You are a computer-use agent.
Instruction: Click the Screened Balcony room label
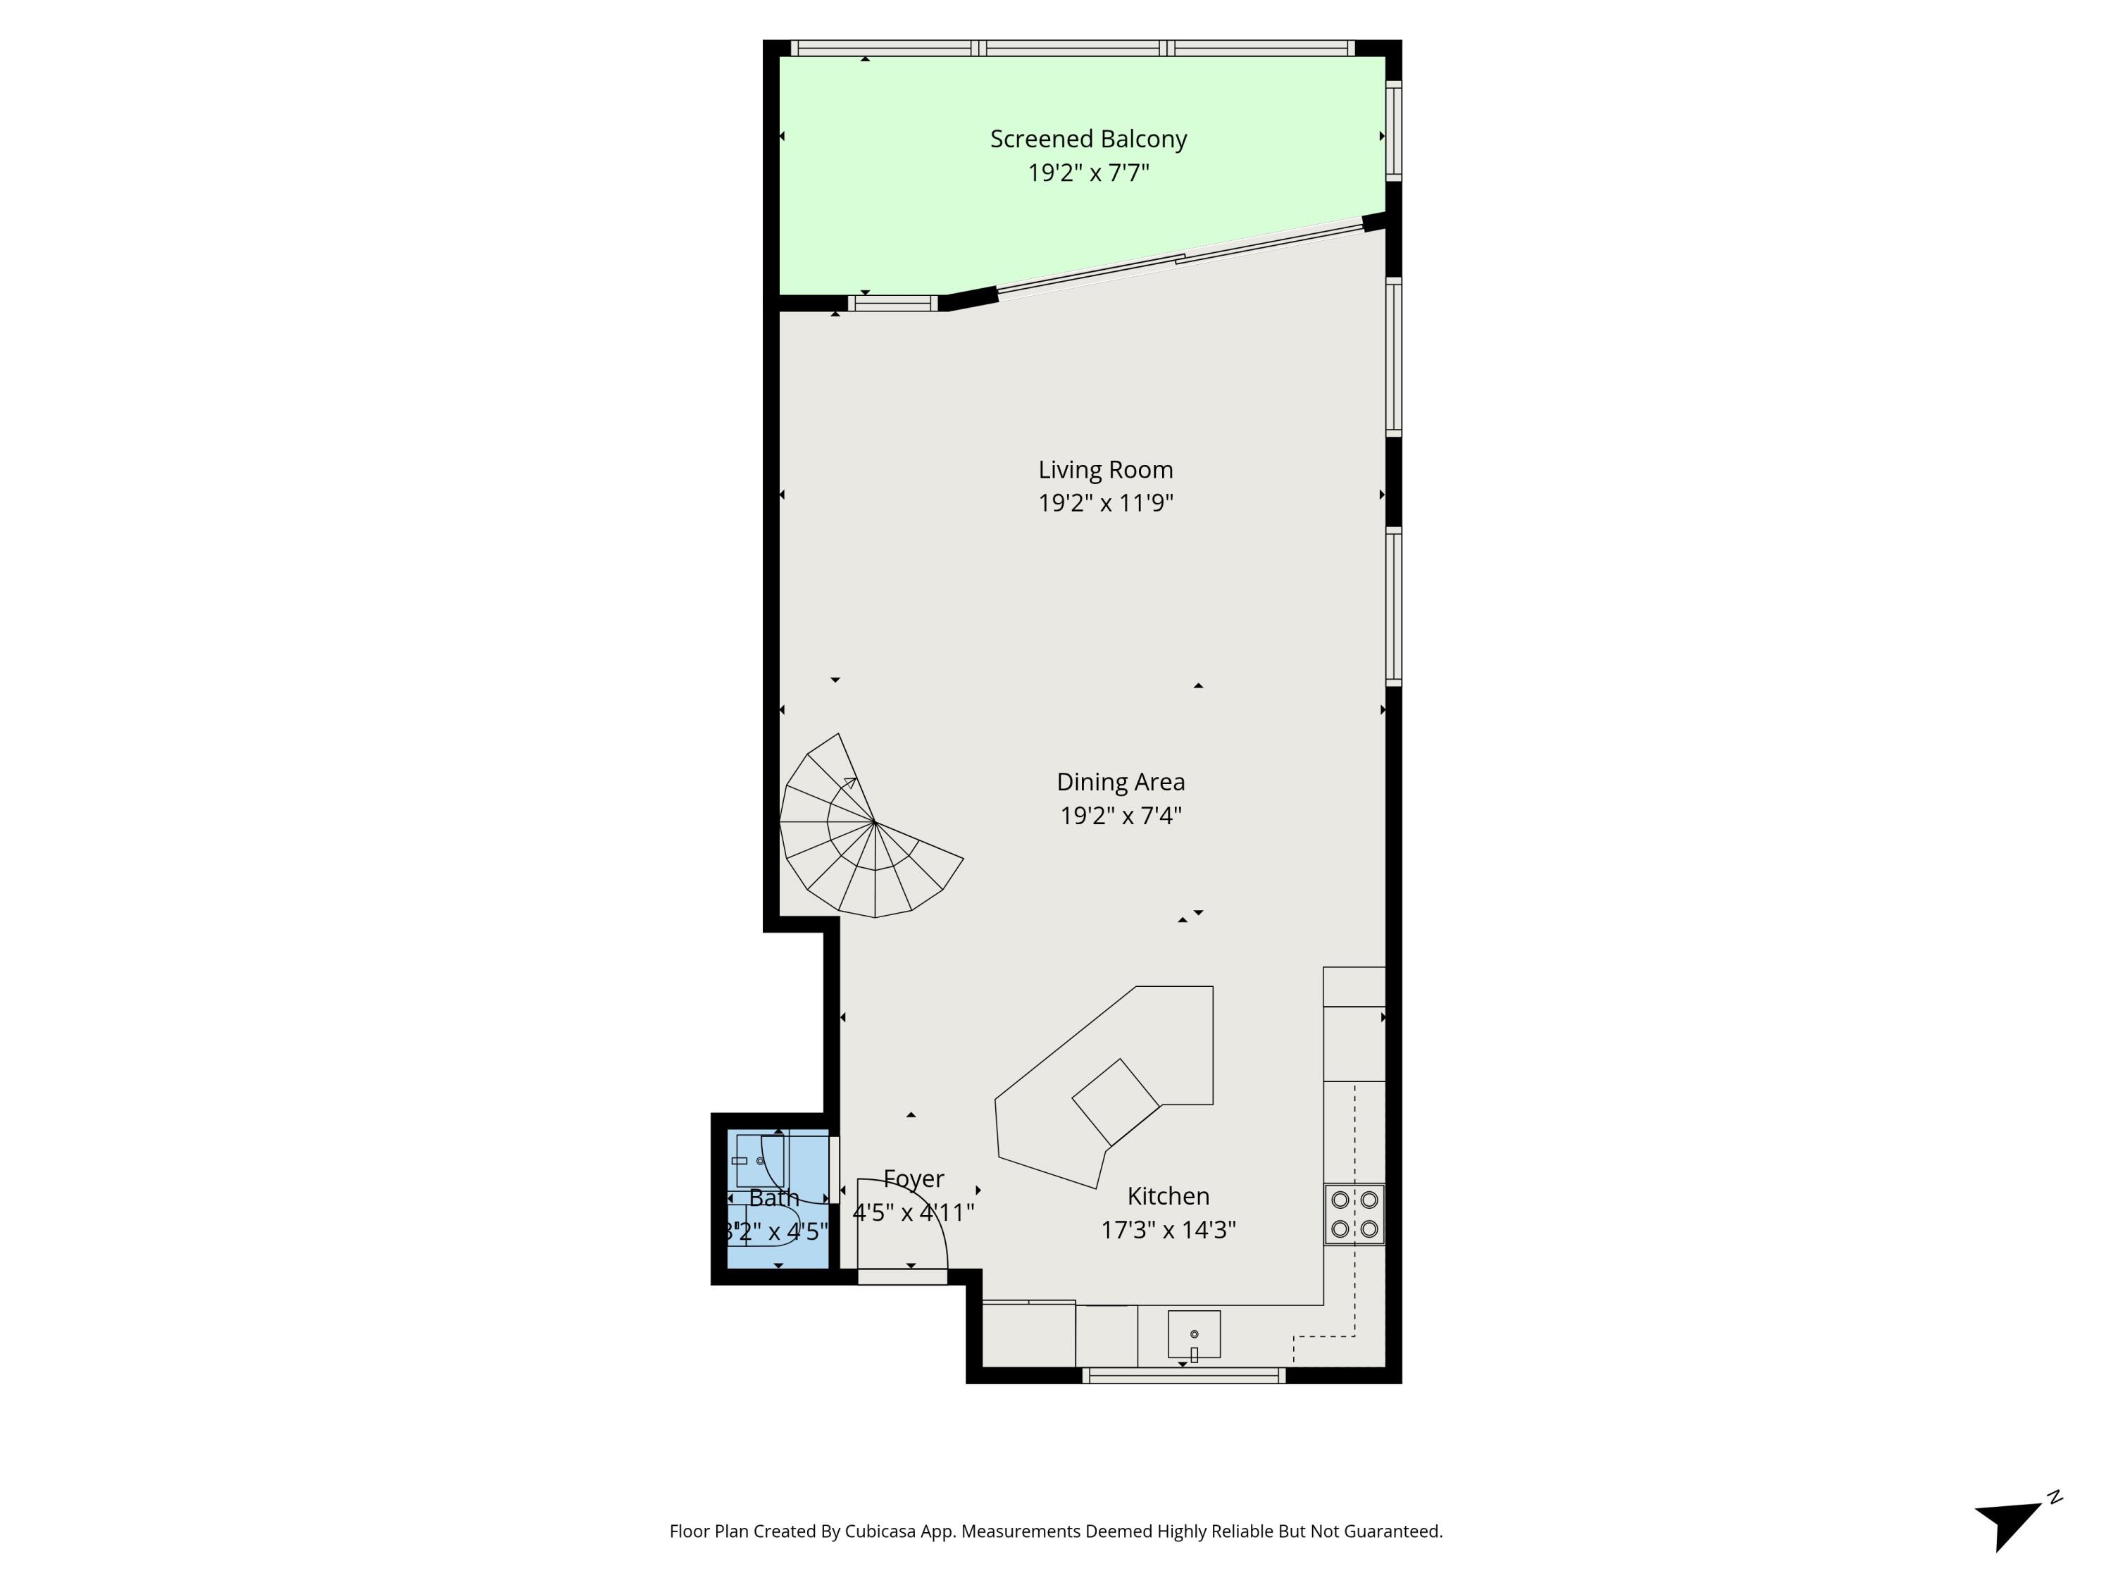tap(1088, 139)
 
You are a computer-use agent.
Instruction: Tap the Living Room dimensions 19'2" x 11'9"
tap(1105, 502)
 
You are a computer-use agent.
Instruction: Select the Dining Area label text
tap(1121, 781)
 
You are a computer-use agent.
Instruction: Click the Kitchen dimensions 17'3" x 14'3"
tap(1167, 1229)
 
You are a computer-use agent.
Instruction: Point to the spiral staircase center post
tap(874, 821)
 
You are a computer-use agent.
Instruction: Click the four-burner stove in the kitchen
tap(1354, 1214)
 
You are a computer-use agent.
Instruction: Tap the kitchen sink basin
tap(1193, 1334)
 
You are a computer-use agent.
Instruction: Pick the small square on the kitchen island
tap(1116, 1102)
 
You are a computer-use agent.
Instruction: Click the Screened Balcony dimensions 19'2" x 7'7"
tap(1088, 173)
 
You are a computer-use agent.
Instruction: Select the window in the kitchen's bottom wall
tap(1183, 1376)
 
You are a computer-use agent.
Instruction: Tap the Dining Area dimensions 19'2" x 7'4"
tap(1121, 815)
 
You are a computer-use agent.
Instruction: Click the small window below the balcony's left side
tap(892, 304)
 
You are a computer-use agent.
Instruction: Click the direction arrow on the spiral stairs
tap(848, 783)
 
